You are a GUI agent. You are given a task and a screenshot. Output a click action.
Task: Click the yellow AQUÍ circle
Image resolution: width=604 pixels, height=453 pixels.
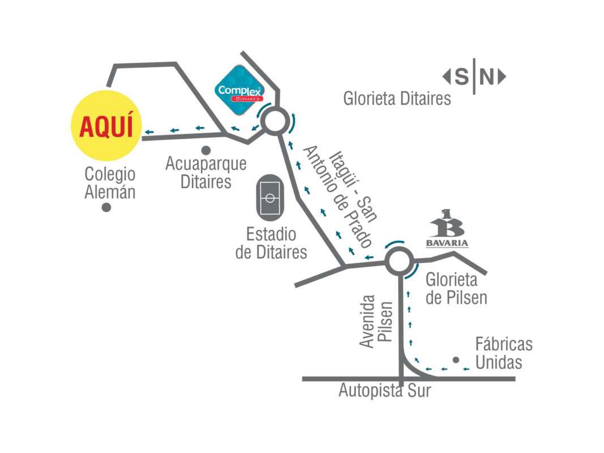click(x=106, y=125)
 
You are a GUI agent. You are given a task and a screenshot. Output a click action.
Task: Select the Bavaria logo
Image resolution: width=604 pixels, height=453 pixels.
click(x=447, y=229)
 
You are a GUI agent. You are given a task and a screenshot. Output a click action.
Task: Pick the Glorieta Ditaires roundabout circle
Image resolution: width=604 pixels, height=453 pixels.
click(x=274, y=121)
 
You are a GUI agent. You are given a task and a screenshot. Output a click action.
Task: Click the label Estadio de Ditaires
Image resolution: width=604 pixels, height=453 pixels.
click(x=271, y=242)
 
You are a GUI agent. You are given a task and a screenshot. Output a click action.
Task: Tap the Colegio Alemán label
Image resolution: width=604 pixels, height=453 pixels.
click(x=110, y=182)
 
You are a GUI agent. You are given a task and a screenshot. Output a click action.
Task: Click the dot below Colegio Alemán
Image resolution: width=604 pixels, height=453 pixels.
click(x=106, y=208)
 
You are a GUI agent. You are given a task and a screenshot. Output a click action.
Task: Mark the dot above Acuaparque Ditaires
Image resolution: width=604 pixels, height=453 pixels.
click(x=206, y=150)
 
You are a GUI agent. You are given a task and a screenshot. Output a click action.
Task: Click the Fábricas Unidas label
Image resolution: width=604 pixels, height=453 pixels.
click(x=503, y=353)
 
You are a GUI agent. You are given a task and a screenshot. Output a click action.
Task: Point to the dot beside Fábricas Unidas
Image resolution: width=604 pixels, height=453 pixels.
click(x=456, y=360)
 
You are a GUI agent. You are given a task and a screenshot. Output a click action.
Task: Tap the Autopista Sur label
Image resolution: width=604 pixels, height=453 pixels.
click(x=384, y=390)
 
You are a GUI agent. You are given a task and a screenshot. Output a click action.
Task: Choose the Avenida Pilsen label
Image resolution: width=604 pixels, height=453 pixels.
click(x=376, y=320)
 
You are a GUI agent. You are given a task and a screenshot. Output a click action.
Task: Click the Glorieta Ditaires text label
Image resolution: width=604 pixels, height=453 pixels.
click(x=397, y=99)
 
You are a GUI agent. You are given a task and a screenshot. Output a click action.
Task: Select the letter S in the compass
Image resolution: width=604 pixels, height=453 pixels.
click(x=462, y=76)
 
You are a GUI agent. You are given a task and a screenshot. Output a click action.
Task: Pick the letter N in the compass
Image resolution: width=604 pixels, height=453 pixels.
click(x=487, y=76)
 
